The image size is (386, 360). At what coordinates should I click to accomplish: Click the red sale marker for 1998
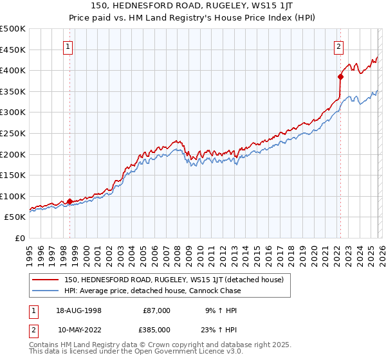point(69,201)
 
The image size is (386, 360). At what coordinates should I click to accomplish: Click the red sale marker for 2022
point(340,76)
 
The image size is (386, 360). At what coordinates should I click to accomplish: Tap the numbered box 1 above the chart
point(68,46)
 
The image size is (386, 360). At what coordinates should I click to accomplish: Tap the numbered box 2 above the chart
point(338,46)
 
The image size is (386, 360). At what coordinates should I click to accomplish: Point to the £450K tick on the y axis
point(13,50)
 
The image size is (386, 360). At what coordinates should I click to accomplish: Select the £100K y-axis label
point(13,196)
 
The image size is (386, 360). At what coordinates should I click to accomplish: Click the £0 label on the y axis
point(19,238)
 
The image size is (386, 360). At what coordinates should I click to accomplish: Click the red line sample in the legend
point(46,280)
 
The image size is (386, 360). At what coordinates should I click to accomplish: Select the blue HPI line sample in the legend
point(46,291)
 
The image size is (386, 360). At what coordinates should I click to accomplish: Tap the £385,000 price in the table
point(156,329)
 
